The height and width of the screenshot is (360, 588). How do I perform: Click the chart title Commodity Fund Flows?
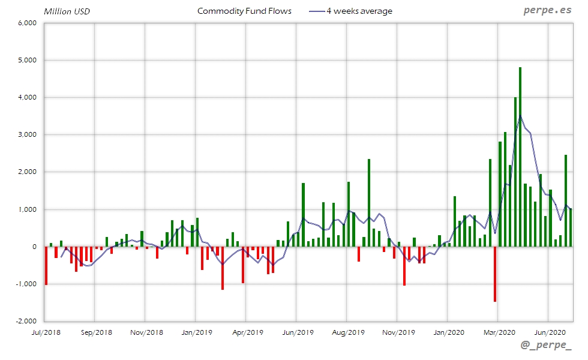tap(244, 11)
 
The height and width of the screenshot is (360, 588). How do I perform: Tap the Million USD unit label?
tap(67, 11)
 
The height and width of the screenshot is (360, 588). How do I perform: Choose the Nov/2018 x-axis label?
tap(145, 332)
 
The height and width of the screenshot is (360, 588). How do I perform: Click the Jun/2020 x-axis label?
tap(548, 332)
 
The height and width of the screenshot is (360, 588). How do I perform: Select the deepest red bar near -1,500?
tap(495, 274)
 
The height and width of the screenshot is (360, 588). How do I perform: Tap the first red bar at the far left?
tap(46, 265)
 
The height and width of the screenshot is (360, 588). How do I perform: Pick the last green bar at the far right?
tap(570, 227)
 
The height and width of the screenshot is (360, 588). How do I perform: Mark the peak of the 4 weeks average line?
tap(520, 116)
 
